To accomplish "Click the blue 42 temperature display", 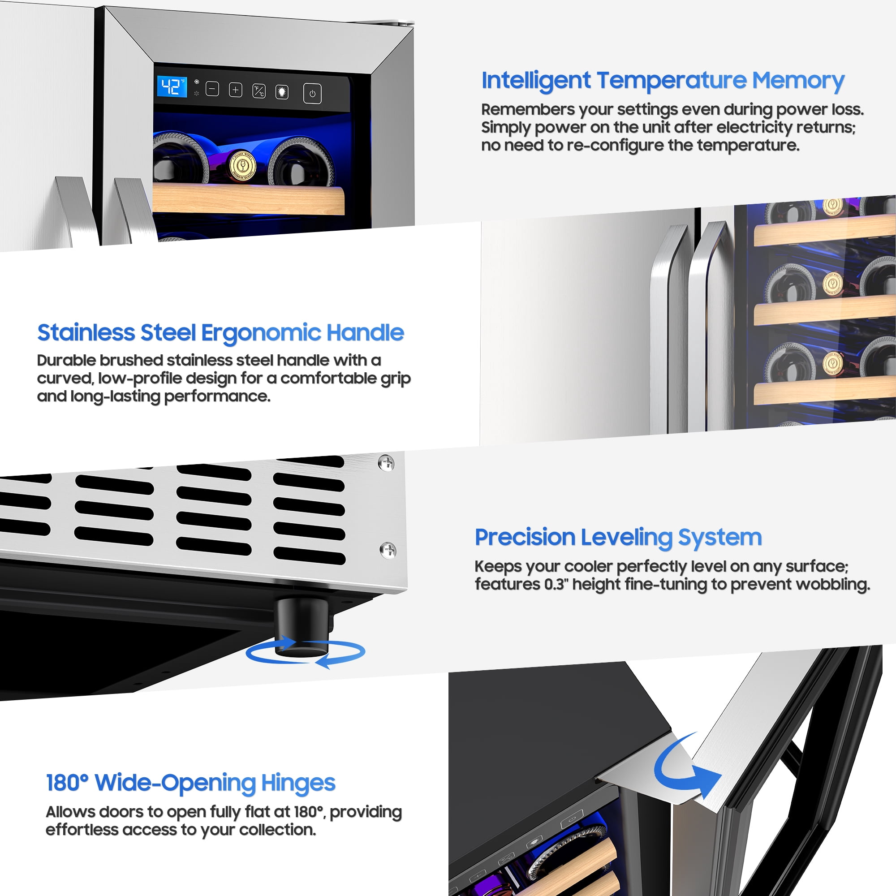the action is (x=172, y=87).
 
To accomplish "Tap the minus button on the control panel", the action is (x=212, y=89).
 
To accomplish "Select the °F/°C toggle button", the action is (x=259, y=91).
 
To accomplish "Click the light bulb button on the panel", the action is (x=282, y=92).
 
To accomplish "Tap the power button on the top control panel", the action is (x=312, y=94).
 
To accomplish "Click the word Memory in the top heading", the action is (x=798, y=81).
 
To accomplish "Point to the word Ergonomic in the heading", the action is (x=260, y=333).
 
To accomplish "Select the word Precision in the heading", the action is (x=525, y=538).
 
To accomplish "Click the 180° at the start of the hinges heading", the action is (x=67, y=783).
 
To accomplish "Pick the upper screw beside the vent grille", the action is (x=386, y=463).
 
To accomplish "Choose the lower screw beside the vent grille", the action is (x=388, y=550).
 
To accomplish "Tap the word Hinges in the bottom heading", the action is (x=298, y=783).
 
